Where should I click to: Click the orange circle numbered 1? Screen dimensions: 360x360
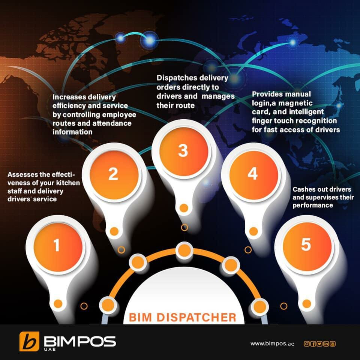[57, 246]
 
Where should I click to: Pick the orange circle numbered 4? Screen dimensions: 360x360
[252, 174]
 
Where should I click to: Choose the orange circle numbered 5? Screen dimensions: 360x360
[306, 245]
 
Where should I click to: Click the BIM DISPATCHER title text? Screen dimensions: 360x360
[183, 317]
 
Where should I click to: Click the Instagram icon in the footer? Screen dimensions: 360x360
[306, 343]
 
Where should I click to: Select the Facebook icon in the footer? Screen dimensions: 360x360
[313, 343]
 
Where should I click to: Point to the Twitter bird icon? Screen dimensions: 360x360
[319, 343]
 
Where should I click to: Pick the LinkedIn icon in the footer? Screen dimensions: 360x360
[326, 343]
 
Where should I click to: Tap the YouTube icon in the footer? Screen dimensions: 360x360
[332, 343]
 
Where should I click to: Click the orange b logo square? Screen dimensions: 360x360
[29, 342]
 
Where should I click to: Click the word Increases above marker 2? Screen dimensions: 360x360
[68, 97]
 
